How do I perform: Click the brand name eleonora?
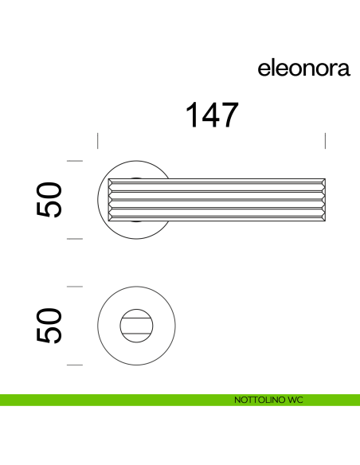(x=303, y=68)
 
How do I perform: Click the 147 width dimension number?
(x=211, y=115)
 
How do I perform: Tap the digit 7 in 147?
(x=229, y=115)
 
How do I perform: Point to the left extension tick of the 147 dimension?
(x=98, y=141)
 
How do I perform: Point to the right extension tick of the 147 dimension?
(x=326, y=141)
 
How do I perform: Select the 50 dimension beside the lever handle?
(x=49, y=199)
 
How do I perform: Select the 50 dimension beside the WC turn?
(x=49, y=325)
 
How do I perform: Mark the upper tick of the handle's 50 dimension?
(x=75, y=161)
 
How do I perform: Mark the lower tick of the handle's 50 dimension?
(x=75, y=238)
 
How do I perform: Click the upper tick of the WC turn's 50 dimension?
(x=75, y=286)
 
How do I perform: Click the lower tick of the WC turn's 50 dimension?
(x=75, y=365)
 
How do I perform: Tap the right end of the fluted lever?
(x=322, y=199)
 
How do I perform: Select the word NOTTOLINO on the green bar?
(x=252, y=399)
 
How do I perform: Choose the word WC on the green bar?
(x=295, y=399)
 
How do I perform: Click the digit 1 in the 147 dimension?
(x=192, y=115)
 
